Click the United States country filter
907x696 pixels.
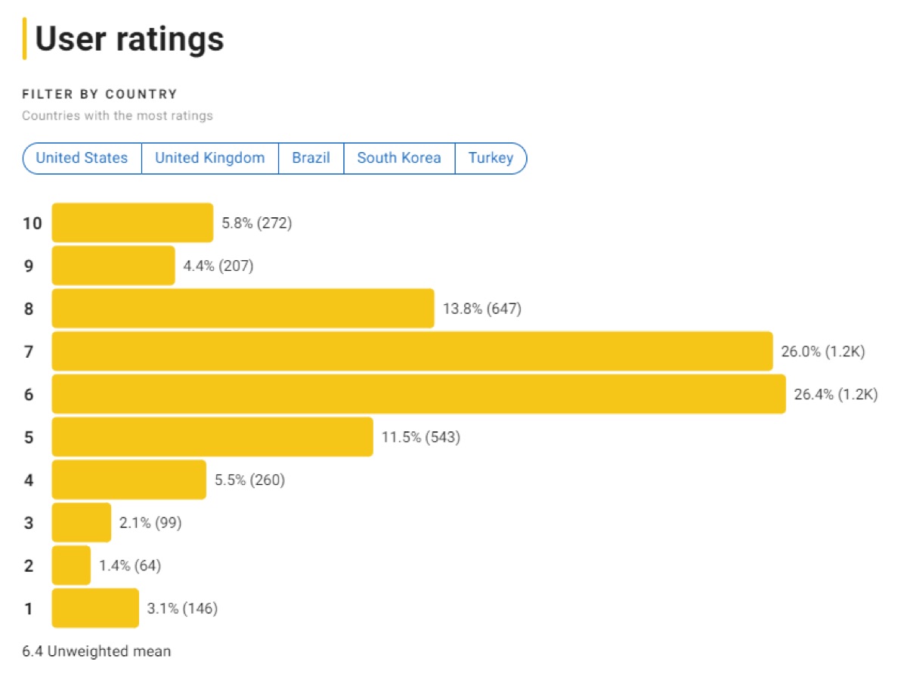pos(82,158)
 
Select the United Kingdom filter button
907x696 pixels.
pos(209,158)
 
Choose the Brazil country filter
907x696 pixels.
pos(311,158)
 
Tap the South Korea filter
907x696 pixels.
pos(398,158)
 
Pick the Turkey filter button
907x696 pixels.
pos(491,158)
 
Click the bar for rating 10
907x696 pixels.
pos(132,223)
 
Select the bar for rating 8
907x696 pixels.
pos(243,309)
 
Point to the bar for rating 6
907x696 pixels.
pos(418,394)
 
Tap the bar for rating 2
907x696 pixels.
pos(71,565)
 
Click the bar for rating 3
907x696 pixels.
pos(81,523)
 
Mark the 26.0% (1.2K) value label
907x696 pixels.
pos(822,352)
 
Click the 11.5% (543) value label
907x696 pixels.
pos(420,437)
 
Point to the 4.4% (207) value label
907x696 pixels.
pos(218,266)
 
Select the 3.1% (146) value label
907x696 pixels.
pos(182,608)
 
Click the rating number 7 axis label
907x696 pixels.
pos(29,352)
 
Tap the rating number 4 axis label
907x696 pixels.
pos(29,480)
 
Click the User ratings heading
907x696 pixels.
pos(129,39)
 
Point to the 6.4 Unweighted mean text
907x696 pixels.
pos(96,651)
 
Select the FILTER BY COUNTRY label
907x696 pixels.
pos(100,95)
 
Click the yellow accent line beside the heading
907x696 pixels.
pos(25,39)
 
